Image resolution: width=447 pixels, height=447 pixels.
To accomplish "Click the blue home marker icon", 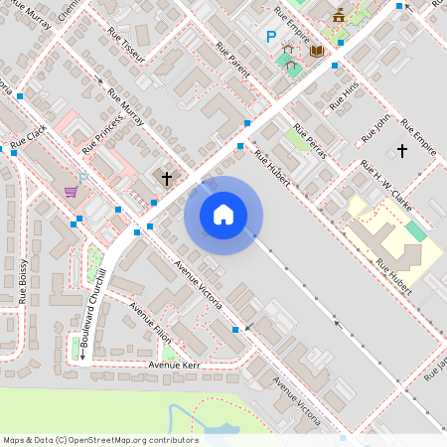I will [x=223, y=215].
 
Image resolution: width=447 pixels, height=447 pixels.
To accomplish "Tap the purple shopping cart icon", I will [x=72, y=191].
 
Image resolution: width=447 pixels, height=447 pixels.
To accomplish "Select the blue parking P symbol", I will [x=270, y=37].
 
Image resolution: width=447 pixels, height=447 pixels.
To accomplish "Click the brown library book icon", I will [x=316, y=51].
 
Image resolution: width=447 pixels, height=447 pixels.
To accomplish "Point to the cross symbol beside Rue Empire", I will [x=402, y=151].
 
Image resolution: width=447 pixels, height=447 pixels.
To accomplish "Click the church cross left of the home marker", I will [x=167, y=179].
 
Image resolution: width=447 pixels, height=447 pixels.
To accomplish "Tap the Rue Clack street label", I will [x=29, y=137].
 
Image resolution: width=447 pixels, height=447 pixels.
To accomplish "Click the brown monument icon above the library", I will [x=340, y=14].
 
